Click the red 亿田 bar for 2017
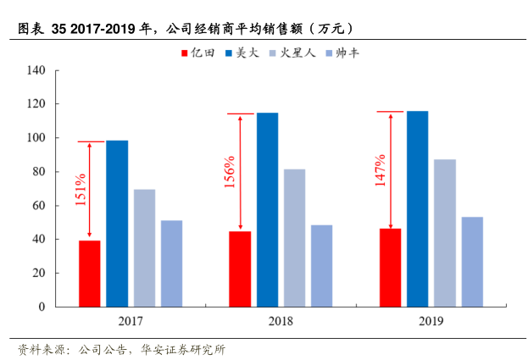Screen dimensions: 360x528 (x=90, y=273)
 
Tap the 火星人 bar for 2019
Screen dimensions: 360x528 (x=445, y=233)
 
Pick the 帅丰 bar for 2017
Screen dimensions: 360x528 (x=171, y=263)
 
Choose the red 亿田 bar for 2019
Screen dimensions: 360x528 (x=391, y=267)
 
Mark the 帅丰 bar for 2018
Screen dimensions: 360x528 (x=321, y=265)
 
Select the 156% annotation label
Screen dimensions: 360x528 (x=230, y=173)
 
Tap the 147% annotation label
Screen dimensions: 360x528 (x=381, y=170)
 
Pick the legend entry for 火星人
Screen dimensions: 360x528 (x=297, y=53)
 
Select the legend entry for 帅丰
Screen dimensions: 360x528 (x=348, y=53)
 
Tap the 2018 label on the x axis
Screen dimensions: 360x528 (x=281, y=321)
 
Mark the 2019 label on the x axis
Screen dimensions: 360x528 (x=431, y=321)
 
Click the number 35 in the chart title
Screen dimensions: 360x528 (x=59, y=28)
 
